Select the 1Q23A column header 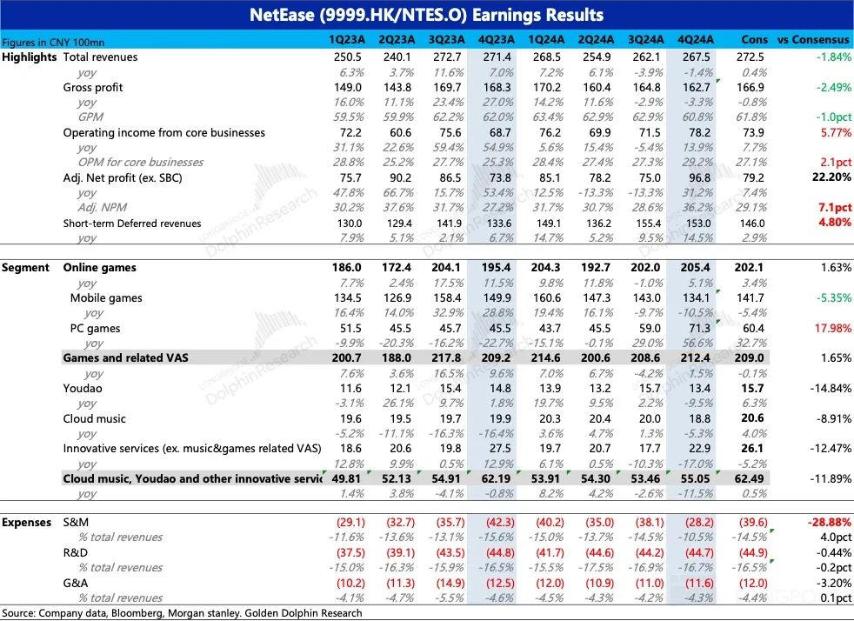coord(346,40)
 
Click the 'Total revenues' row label coord(100,57)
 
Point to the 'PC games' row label coord(95,328)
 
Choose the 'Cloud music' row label coord(95,418)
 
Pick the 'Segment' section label coord(26,268)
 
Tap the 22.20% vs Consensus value coord(828,177)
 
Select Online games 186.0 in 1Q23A coord(346,268)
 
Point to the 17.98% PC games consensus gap coord(828,328)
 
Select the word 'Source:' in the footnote coord(21,613)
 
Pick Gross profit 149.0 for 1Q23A coord(346,87)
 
